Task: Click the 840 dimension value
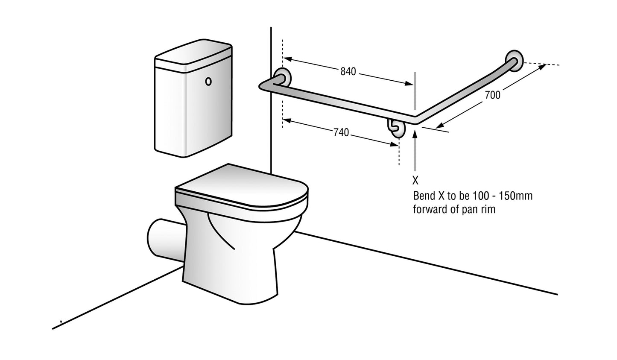click(x=348, y=71)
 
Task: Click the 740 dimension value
click(x=341, y=132)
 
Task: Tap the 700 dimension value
click(x=493, y=95)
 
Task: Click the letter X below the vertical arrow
click(x=416, y=180)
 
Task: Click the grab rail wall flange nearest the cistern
click(x=282, y=78)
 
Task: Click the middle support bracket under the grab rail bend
click(x=396, y=127)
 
